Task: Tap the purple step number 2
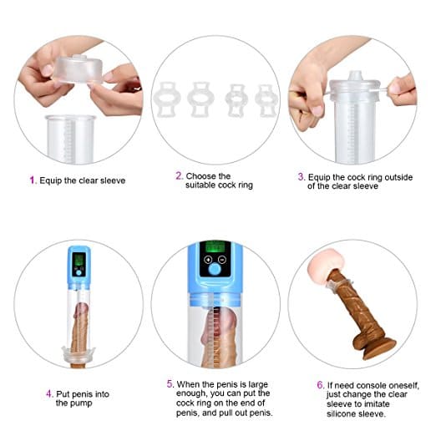point(178,176)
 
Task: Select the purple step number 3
point(301,176)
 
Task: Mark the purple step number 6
point(320,384)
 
